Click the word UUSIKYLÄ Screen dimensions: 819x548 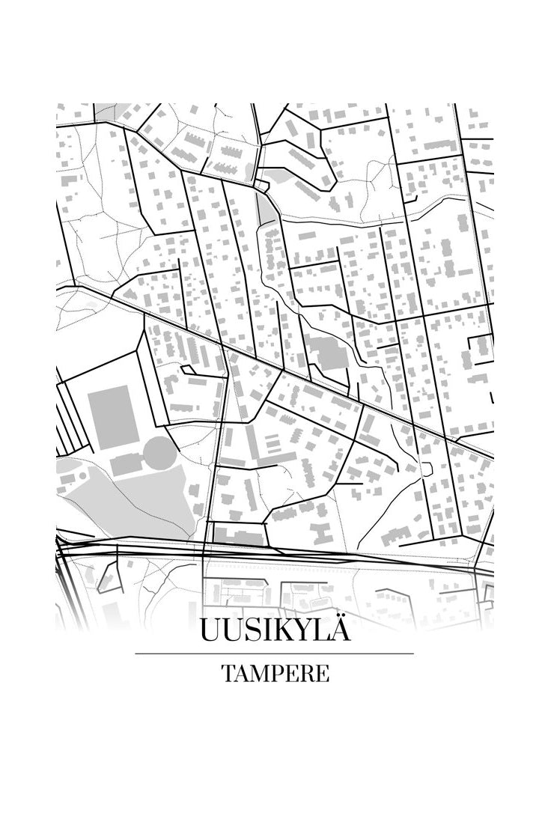(x=274, y=631)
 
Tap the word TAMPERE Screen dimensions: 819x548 (x=275, y=673)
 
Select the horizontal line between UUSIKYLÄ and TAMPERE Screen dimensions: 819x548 (x=274, y=654)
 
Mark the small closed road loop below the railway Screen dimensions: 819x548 (x=110, y=577)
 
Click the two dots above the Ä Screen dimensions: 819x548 (x=337, y=617)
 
